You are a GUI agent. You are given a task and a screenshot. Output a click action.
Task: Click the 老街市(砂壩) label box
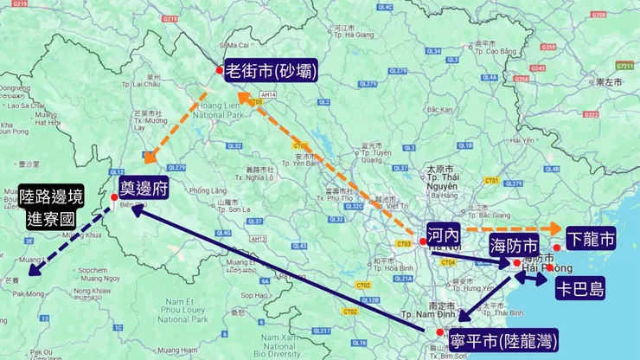tap(271, 70)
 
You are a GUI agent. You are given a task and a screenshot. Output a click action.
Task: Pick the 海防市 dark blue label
tap(514, 243)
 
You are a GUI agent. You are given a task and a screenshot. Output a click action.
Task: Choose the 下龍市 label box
tap(591, 237)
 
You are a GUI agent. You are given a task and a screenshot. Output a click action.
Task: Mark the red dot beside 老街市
tap(220, 70)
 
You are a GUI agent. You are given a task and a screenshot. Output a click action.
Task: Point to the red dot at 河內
tap(422, 241)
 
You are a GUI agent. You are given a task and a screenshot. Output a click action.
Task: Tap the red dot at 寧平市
tap(440, 332)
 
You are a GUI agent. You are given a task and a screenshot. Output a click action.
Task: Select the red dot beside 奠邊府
tap(113, 197)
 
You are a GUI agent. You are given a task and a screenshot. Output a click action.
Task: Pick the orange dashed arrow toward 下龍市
tap(510, 229)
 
